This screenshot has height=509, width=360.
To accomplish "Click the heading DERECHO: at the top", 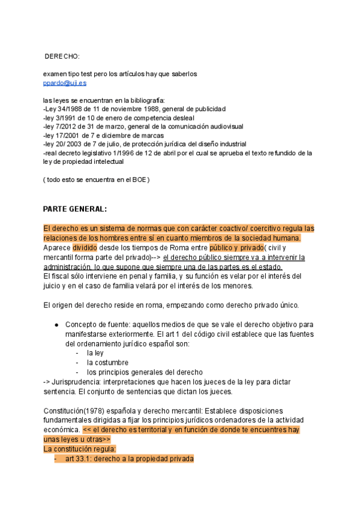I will pos(62,56).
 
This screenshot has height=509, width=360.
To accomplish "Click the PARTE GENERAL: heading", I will pos(75,209).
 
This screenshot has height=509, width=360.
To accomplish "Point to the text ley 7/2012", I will pos(61,127).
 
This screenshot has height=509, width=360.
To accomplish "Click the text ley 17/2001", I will pos(63,136).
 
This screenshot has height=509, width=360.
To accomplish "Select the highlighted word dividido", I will pos(85,247).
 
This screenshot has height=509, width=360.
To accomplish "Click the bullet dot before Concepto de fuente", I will pos(56,325).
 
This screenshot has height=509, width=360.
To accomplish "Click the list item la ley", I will pos(95,353).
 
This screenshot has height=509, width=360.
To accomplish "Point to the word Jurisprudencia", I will pos(80,382).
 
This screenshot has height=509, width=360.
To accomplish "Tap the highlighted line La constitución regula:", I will pos(80,449).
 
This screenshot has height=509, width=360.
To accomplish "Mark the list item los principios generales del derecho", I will pos(144,372).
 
